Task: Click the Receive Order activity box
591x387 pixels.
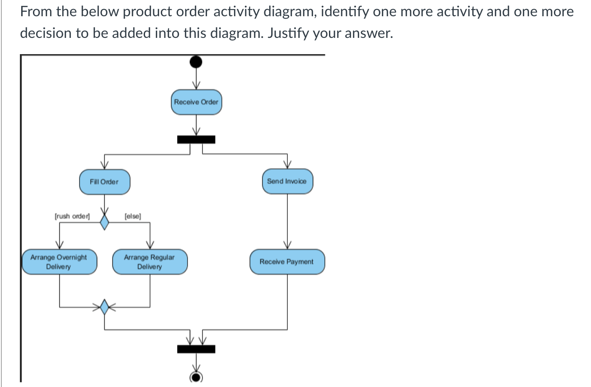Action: point(196,102)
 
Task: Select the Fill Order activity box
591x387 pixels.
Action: point(104,182)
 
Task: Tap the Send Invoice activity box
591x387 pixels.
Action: point(287,181)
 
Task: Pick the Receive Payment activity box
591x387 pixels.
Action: point(286,262)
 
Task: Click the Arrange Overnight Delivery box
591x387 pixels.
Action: point(59,262)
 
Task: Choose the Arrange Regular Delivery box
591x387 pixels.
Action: point(150,262)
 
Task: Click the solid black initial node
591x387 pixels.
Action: point(196,61)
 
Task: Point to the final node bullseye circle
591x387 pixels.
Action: point(196,377)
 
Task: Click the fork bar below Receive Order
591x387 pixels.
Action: point(196,139)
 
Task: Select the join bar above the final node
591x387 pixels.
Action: point(196,349)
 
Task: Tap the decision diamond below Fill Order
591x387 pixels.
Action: point(105,222)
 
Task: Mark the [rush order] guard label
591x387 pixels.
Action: point(72,216)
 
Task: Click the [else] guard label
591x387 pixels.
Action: point(132,216)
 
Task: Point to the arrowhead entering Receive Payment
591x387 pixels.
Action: point(287,245)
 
